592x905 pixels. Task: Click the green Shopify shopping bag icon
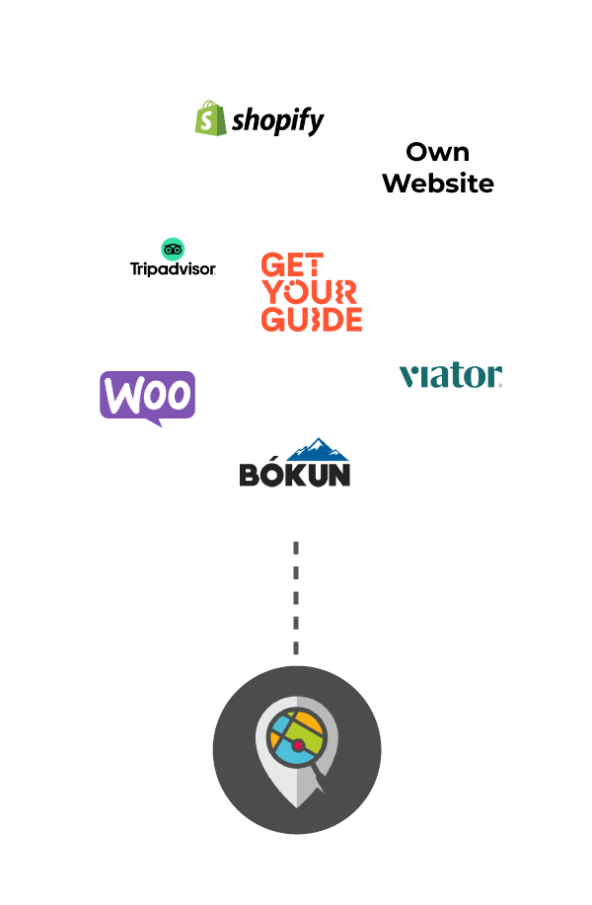coord(208,119)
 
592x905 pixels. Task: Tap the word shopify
coord(278,121)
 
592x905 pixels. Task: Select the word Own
coord(437,152)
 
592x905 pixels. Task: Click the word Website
coord(437,183)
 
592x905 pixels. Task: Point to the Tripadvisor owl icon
coord(173,249)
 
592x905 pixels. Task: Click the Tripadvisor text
coord(173,267)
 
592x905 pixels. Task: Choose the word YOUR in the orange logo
coord(307,292)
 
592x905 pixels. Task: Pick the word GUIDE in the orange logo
coord(311,319)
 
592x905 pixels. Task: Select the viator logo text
coord(451,375)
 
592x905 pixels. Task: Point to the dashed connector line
coord(296,597)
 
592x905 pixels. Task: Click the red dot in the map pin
coord(297,746)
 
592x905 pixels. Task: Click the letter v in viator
coord(408,376)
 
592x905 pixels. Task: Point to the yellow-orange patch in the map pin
coord(308,729)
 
